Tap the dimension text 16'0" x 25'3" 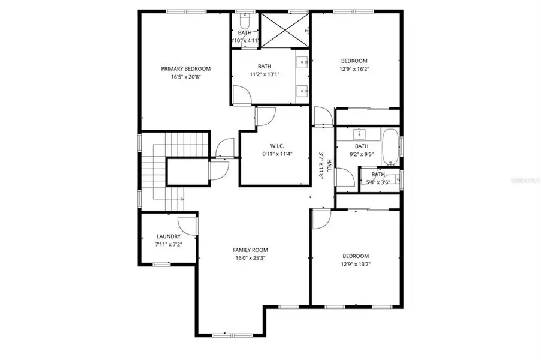pos(250,258)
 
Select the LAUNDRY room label pos(168,236)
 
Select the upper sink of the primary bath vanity pos(302,61)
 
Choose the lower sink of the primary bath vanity pos(302,90)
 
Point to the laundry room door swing pos(188,226)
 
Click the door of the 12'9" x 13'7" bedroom pos(320,218)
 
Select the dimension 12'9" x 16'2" pos(354,69)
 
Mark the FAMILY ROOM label pos(250,250)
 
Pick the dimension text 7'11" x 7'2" pos(168,245)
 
